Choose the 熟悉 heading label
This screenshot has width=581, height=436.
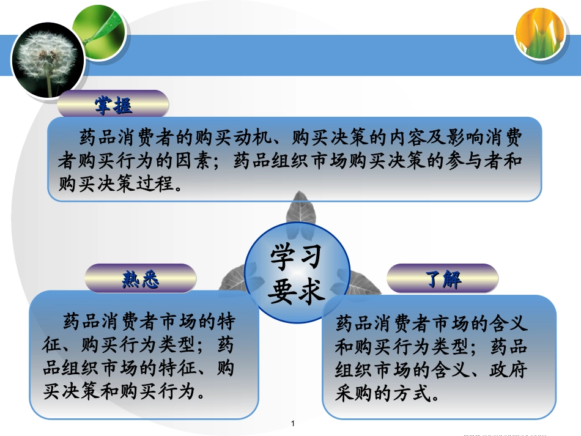(140, 279)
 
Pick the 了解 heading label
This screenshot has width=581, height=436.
(443, 279)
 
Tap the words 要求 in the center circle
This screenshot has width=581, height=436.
(296, 291)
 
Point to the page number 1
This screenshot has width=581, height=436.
(294, 423)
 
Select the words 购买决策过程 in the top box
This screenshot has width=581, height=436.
(116, 182)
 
